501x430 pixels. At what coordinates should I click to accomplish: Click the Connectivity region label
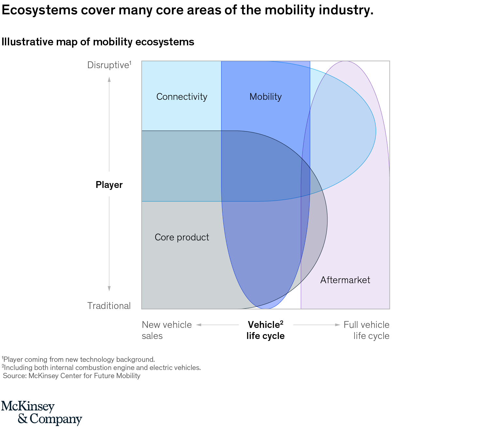tap(182, 97)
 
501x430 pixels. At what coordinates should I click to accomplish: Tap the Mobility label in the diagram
tap(265, 97)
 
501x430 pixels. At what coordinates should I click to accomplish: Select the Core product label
tap(182, 237)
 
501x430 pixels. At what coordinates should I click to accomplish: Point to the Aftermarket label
tap(345, 280)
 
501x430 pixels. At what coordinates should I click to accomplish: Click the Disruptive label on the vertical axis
tap(109, 65)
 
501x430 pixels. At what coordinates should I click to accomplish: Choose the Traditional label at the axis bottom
tap(109, 306)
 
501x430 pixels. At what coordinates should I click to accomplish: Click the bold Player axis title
tap(109, 185)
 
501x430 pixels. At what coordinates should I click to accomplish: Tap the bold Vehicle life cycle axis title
tap(265, 330)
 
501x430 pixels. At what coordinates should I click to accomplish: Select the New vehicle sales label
tap(166, 330)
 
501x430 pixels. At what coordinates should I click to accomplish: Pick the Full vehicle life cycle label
tap(367, 330)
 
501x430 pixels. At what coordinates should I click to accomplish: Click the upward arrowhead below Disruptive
tap(109, 79)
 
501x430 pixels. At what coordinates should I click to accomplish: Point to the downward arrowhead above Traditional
tap(109, 288)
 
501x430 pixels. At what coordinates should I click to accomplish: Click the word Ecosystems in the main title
tap(40, 10)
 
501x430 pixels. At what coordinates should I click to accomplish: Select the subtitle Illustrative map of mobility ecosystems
tap(98, 42)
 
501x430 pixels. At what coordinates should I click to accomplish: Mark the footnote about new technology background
tap(78, 360)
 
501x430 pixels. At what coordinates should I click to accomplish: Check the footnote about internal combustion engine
tap(101, 368)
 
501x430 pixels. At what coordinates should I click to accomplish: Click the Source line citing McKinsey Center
tap(72, 376)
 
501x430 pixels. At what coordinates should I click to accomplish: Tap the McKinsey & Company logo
tap(41, 413)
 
